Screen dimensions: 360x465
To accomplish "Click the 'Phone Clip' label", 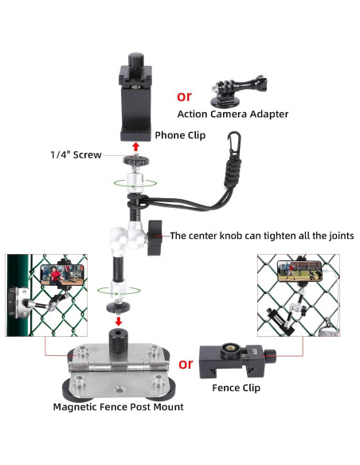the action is tap(180, 135).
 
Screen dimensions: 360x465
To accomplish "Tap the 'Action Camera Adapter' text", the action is tap(233, 114).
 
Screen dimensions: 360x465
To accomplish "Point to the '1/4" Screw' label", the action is tap(76, 154).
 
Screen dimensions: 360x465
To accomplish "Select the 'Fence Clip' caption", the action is tap(236, 388).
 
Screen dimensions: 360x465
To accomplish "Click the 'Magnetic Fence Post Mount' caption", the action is tap(119, 407).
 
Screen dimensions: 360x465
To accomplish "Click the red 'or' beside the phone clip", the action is tap(184, 96).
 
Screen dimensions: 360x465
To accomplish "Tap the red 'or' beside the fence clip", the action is tap(186, 364).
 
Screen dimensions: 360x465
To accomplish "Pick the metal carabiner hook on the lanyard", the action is tap(234, 144).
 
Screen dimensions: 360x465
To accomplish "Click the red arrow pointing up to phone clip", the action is tap(136, 147).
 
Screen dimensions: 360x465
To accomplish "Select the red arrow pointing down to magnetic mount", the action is tap(119, 321).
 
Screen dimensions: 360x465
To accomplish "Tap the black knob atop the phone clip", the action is tap(136, 61).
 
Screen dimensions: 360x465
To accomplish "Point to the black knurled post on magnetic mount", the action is tap(119, 339).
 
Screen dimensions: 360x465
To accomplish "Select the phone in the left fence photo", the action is tap(62, 275).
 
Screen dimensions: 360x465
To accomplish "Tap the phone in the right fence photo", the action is tap(299, 272).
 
